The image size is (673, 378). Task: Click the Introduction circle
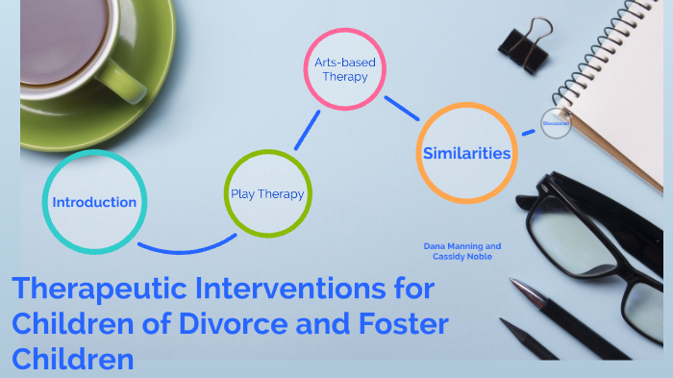pyautogui.click(x=95, y=202)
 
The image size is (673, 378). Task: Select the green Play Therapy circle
pyautogui.click(x=267, y=193)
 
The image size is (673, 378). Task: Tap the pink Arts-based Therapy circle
pyautogui.click(x=345, y=69)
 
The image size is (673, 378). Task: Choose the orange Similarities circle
pyautogui.click(x=467, y=153)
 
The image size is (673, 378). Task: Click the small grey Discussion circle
pyautogui.click(x=555, y=124)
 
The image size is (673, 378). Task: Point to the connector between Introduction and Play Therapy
pyautogui.click(x=183, y=249)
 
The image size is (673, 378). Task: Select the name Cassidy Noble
pyautogui.click(x=461, y=256)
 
